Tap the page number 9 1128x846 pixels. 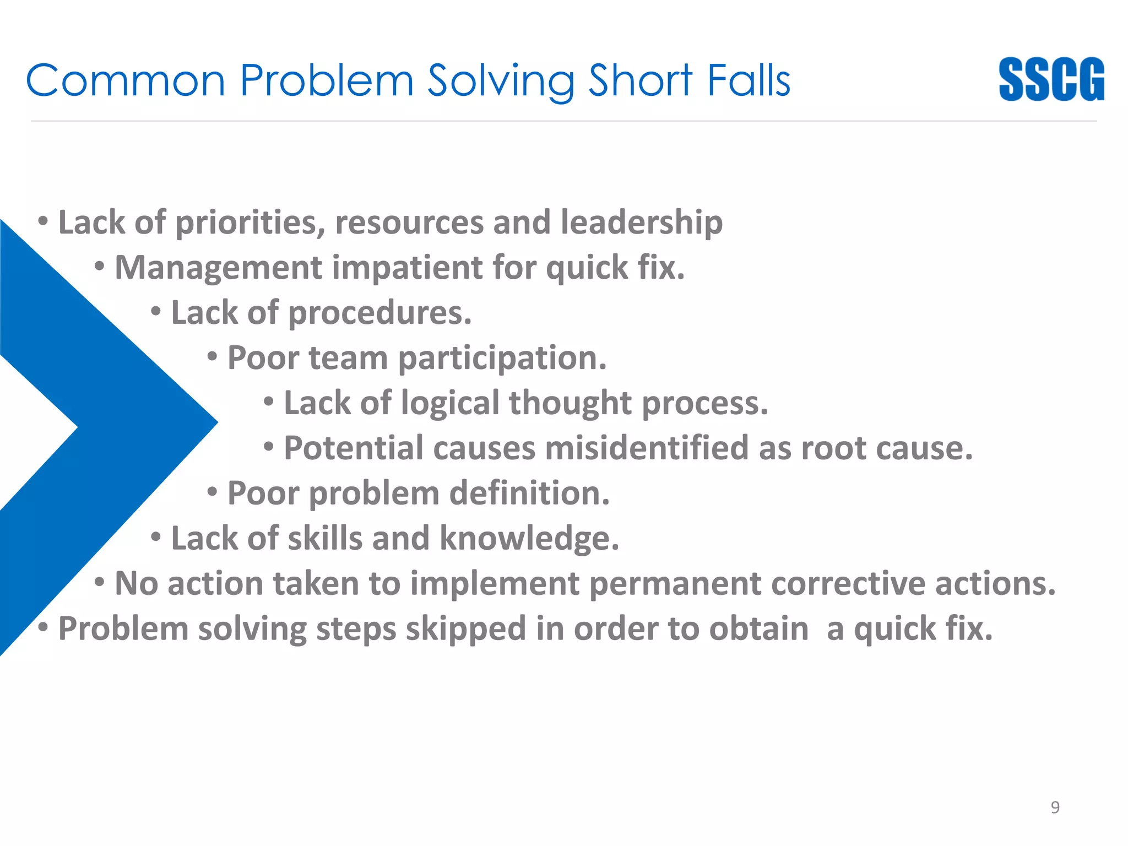[x=1055, y=807]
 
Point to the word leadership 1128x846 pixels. [x=641, y=223]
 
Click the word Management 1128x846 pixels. [x=218, y=268]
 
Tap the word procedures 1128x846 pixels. [x=379, y=313]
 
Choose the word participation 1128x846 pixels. [x=502, y=358]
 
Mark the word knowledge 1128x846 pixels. [x=529, y=538]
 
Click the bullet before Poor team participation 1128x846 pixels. [x=213, y=357]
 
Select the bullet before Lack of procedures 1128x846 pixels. [x=156, y=312]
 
